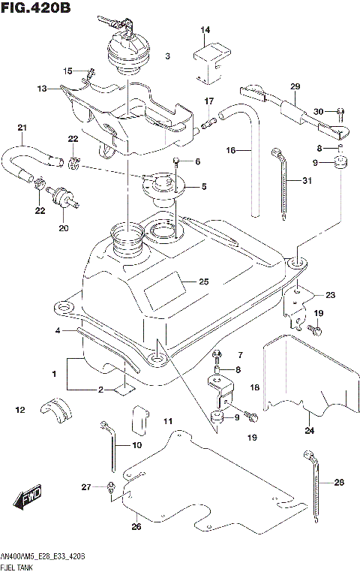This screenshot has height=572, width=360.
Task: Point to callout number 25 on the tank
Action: pyautogui.click(x=203, y=282)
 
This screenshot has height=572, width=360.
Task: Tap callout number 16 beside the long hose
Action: pyautogui.click(x=232, y=151)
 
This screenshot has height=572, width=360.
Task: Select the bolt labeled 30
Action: pyautogui.click(x=340, y=113)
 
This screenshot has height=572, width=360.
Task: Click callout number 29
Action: pyautogui.click(x=295, y=86)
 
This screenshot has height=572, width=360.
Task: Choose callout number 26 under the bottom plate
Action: pyautogui.click(x=136, y=527)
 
